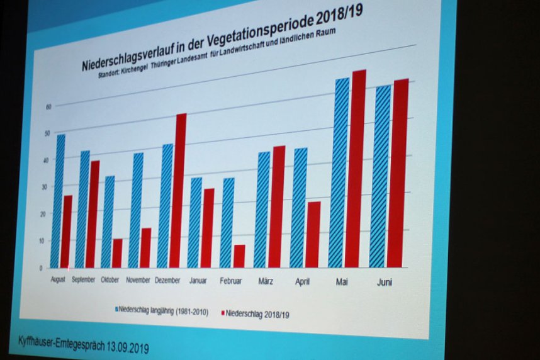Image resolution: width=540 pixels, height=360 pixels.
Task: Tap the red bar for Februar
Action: [x=239, y=256]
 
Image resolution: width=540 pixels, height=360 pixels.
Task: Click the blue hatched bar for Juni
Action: [x=380, y=176]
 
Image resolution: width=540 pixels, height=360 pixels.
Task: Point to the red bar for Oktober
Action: [x=117, y=253]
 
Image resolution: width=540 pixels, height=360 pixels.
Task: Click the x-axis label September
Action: [x=83, y=279]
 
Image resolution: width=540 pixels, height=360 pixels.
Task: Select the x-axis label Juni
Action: [x=384, y=283]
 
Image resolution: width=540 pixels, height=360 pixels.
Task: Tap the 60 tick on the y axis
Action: [x=47, y=106]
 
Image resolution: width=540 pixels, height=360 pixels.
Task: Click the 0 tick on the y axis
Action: [x=40, y=267]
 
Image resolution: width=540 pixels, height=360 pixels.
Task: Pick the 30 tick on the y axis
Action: [x=43, y=187]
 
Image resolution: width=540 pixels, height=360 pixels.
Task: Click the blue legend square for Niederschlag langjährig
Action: [x=116, y=310]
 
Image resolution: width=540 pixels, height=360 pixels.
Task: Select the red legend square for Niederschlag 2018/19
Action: [x=223, y=312]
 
